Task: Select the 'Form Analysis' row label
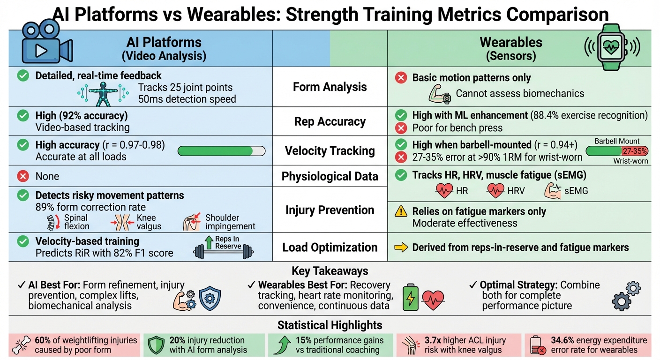click(330, 87)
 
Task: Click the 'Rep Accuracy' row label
click(330, 121)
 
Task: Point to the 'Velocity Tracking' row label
click(330, 151)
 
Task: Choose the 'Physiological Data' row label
click(330, 176)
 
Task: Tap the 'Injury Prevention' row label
click(330, 210)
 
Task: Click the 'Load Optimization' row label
click(330, 247)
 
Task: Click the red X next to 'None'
click(22, 176)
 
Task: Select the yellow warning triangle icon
click(401, 211)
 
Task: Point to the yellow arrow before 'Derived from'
click(401, 247)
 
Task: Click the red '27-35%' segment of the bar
click(635, 151)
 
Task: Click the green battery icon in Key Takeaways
click(411, 297)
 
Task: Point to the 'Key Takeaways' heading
click(330, 271)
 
